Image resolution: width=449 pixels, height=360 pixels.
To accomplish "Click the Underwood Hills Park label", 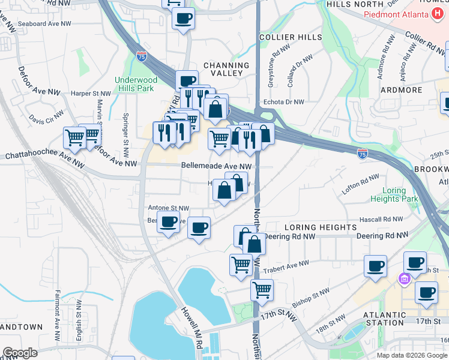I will tap(136, 85).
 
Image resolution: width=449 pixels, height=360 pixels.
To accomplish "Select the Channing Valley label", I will tap(226, 69).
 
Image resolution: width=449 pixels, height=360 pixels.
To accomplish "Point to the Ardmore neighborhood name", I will tap(402, 90).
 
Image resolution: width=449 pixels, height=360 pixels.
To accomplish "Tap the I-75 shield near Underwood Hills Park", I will tap(142, 57).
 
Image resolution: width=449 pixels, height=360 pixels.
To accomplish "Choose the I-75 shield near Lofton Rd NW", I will tap(363, 154).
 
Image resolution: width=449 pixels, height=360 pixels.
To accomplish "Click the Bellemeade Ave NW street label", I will tap(216, 166).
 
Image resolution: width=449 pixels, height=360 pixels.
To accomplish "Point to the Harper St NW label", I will tap(91, 94).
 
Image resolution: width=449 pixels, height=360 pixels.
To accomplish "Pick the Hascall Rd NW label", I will tap(380, 220).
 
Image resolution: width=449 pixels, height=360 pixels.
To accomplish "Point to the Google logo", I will tap(20, 353).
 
